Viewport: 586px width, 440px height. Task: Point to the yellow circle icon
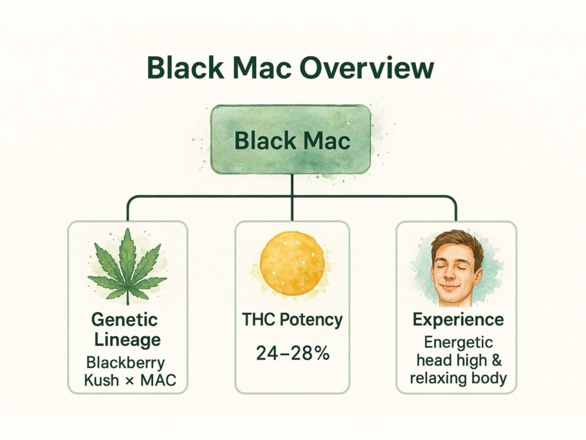point(292,263)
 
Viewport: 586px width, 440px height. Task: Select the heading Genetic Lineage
point(125,329)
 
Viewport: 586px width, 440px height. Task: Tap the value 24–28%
point(292,353)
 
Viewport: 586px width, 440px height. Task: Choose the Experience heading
point(458,320)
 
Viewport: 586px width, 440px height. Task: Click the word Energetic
point(458,343)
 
